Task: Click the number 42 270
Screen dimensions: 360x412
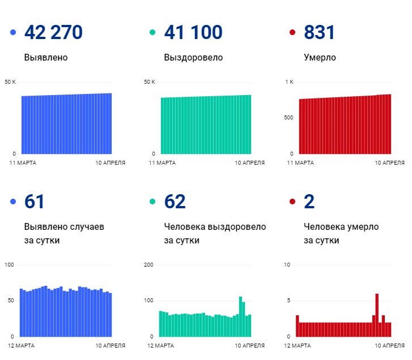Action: [53, 32]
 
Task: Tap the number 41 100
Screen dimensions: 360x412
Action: [193, 32]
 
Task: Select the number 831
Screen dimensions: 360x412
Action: [319, 32]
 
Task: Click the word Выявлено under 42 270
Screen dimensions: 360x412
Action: [46, 57]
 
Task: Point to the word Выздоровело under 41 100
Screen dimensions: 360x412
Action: [193, 57]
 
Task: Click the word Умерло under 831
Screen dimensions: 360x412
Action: [320, 57]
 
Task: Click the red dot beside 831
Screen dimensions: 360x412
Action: [292, 33]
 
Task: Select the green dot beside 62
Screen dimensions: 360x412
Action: [152, 202]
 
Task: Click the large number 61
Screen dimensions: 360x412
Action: [35, 202]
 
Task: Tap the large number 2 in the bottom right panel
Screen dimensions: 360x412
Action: [309, 202]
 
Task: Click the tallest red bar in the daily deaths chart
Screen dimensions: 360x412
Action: [377, 315]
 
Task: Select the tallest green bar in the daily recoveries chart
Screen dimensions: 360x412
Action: [240, 316]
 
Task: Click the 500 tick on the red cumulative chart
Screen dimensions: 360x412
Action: [288, 118]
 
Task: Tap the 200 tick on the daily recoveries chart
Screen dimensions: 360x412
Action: [149, 265]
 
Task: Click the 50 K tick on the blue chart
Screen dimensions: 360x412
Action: [10, 83]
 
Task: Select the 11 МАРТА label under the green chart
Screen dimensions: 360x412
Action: [162, 163]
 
